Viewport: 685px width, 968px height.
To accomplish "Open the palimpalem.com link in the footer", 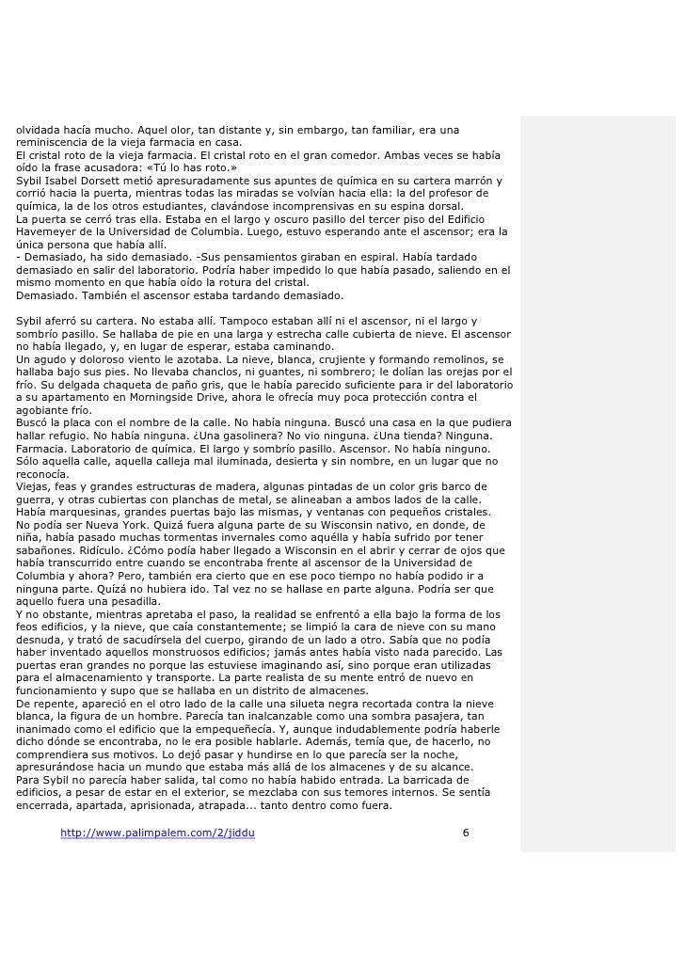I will [x=157, y=833].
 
